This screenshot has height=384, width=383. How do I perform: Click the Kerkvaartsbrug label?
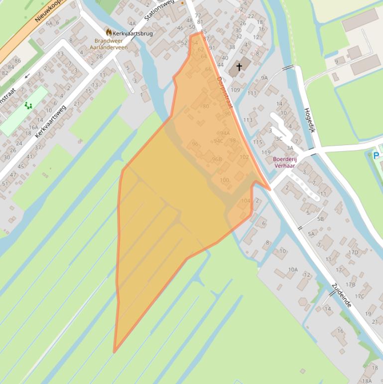point(132,33)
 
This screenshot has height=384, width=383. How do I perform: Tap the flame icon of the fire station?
point(109,32)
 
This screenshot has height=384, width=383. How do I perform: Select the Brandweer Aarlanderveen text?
point(109,44)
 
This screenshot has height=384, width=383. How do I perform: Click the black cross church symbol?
point(239,66)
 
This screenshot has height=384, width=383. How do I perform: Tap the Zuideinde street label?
point(342,295)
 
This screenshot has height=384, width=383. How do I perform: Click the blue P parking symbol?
point(376,156)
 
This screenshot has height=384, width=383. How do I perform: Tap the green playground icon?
point(28,105)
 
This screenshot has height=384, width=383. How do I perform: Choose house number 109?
point(235,90)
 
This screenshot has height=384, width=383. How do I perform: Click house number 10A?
point(292,270)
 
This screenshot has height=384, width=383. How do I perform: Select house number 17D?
point(353,252)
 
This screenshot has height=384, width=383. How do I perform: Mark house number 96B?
point(217,159)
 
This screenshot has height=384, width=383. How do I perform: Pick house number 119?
point(265,153)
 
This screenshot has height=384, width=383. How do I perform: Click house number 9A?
point(264,78)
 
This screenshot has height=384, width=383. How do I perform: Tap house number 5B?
point(320,218)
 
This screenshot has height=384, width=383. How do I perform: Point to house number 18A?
point(367,381)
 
